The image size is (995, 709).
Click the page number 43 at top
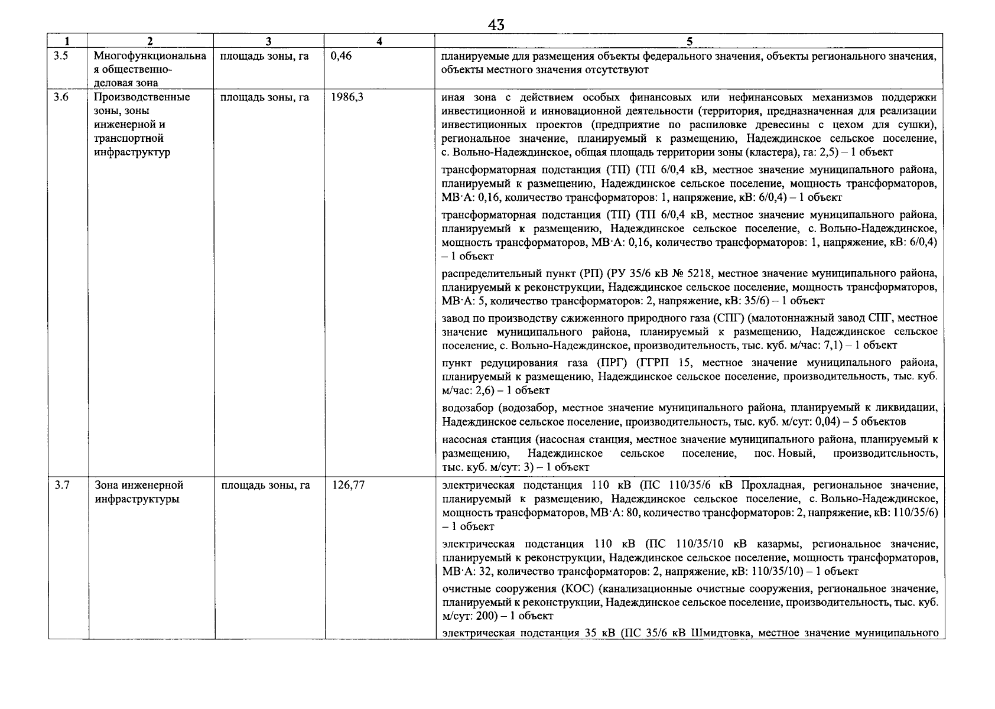(x=496, y=25)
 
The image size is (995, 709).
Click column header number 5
(x=689, y=41)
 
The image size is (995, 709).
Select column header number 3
(x=269, y=41)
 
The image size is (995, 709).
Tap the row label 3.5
(x=60, y=56)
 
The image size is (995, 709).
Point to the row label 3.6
(x=60, y=97)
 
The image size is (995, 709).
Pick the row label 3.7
(x=61, y=486)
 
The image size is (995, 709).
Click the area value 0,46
(x=342, y=56)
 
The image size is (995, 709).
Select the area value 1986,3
(x=347, y=97)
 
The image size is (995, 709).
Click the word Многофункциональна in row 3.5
(x=150, y=56)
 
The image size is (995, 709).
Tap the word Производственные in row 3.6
(x=142, y=97)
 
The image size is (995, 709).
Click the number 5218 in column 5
(x=701, y=274)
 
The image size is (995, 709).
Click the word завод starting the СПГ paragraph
(x=456, y=318)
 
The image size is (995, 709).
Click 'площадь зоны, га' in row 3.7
(x=265, y=486)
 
